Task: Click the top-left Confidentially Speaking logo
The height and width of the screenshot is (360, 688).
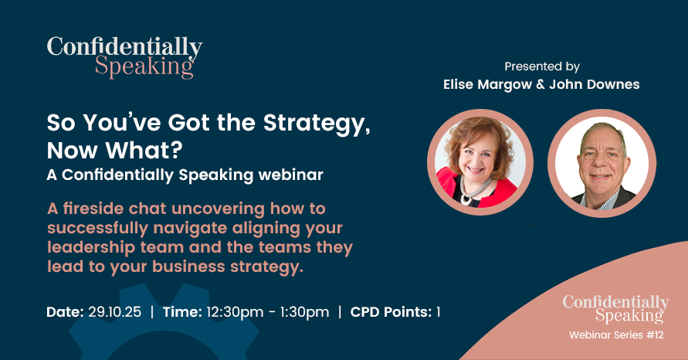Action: point(124,56)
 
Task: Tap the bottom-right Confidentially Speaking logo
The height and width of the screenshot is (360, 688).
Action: point(615,309)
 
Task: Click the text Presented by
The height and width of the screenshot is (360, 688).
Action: point(542,66)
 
